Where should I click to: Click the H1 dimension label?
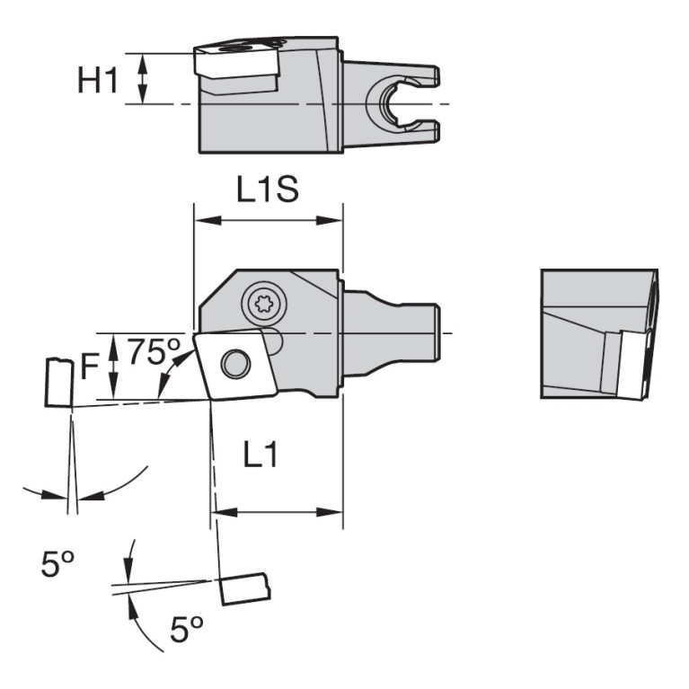click(97, 80)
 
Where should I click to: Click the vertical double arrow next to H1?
click(140, 79)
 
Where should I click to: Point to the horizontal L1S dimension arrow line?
click(268, 219)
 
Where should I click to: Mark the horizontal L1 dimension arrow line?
click(276, 512)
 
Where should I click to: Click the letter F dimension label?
click(89, 367)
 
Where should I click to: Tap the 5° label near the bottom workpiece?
click(187, 631)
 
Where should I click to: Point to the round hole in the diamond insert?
click(235, 363)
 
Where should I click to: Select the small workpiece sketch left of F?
click(57, 383)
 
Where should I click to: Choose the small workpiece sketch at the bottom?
click(243, 588)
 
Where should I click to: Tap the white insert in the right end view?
click(639, 364)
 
